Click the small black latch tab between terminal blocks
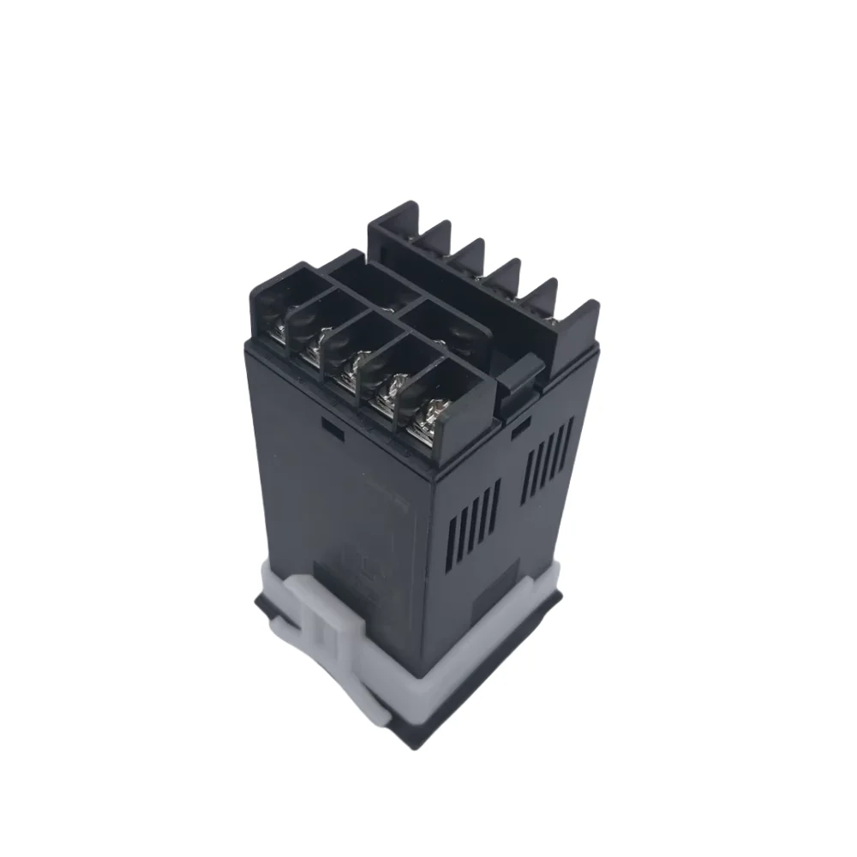(521, 377)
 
